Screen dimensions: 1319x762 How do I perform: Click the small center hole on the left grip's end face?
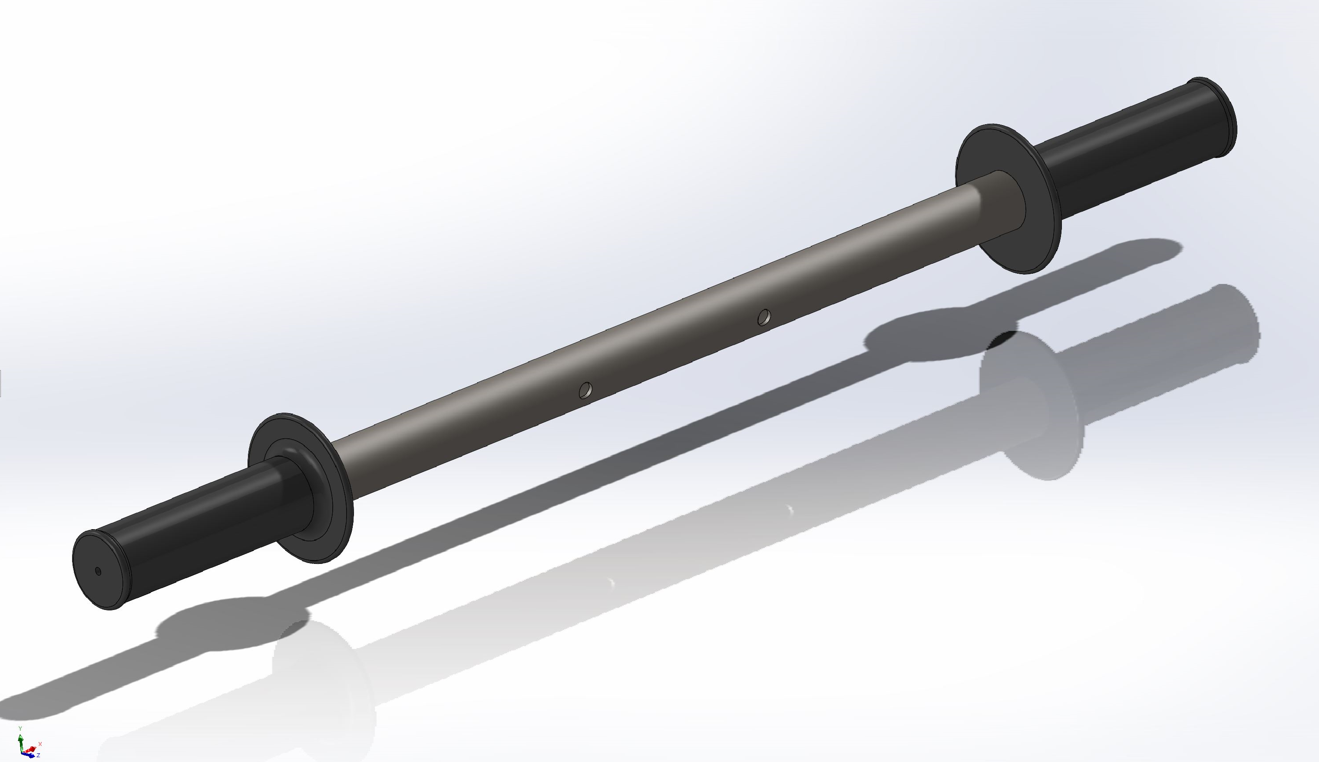pos(98,571)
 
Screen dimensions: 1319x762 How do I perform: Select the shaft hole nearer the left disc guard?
pos(585,390)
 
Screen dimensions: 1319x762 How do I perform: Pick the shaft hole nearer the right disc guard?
pos(764,317)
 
